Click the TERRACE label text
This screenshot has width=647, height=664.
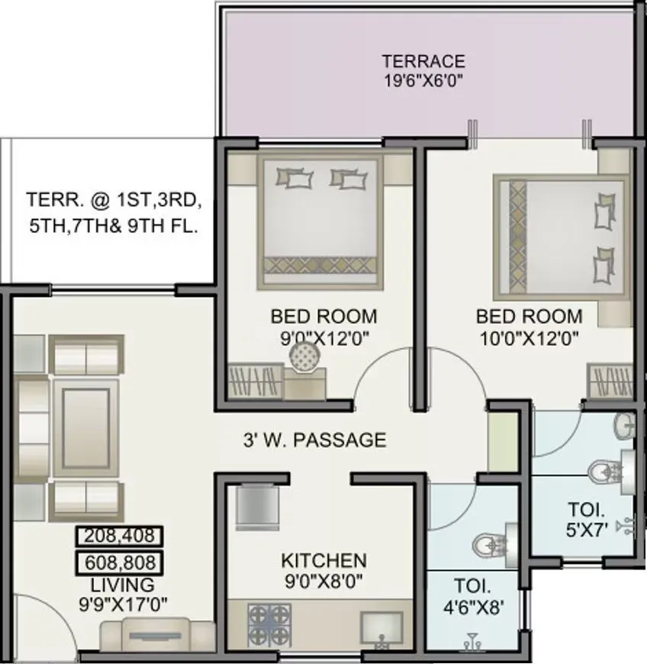click(x=423, y=61)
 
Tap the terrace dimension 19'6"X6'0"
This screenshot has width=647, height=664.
click(x=423, y=79)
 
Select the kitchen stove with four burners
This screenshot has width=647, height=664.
click(x=269, y=617)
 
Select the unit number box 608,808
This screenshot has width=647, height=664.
click(x=120, y=563)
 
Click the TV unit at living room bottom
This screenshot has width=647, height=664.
click(x=158, y=633)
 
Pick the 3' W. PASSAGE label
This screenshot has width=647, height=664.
click(x=314, y=440)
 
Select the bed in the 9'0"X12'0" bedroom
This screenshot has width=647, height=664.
click(x=320, y=216)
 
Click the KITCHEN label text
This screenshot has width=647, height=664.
click(x=323, y=561)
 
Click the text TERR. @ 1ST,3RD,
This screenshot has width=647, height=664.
click(x=114, y=201)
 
